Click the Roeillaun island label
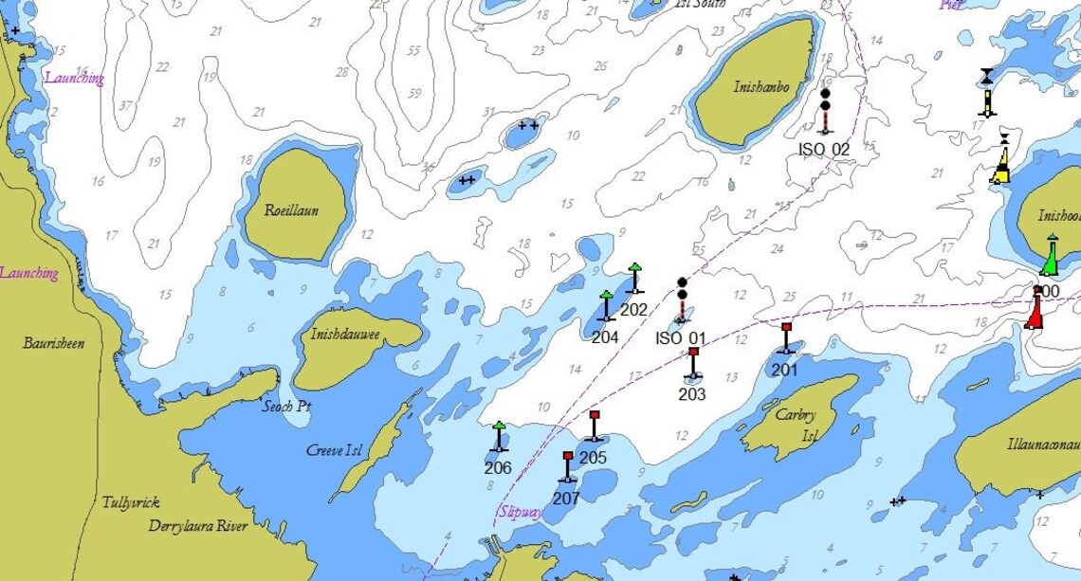click(291, 210)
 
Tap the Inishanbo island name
click(760, 86)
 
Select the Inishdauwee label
click(345, 335)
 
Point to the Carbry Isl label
click(796, 424)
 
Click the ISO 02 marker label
click(823, 149)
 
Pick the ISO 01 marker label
click(681, 338)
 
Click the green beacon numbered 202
click(634, 279)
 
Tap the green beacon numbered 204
click(606, 306)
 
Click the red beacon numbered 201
click(785, 338)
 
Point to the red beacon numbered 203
click(693, 364)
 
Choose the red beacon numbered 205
click(595, 427)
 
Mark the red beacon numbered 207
click(567, 467)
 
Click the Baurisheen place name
click(53, 343)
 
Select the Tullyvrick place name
click(131, 503)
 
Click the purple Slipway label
click(521, 513)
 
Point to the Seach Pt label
click(286, 407)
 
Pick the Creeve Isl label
click(335, 450)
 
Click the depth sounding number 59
click(414, 92)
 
